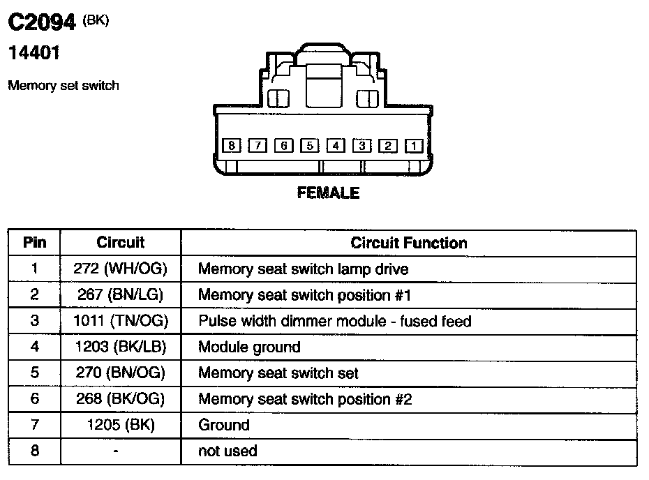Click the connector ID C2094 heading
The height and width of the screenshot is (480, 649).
pos(42,23)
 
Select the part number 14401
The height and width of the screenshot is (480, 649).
pos(33,52)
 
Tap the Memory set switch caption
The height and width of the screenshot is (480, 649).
pos(63,86)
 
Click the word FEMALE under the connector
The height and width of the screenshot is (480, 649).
pos(328,193)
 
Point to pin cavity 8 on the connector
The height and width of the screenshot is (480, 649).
pos(231,146)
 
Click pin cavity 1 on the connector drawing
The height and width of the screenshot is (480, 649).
pos(414,146)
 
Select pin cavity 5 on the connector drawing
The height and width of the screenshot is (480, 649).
pos(309,146)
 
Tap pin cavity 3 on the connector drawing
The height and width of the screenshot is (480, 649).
pos(361,146)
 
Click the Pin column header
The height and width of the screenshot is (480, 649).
pos(35,243)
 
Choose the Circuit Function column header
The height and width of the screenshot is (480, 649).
pos(409,243)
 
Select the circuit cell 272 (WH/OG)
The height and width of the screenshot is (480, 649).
pos(120,269)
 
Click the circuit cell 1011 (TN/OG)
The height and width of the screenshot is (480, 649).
pos(120,321)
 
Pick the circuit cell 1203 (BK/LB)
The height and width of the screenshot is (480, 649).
pos(120,347)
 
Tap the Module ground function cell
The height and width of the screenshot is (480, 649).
pos(249,347)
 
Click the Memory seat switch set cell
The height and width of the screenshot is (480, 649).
pos(278,373)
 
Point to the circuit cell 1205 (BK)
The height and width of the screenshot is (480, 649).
pos(120,425)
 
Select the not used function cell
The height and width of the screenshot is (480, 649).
pos(227,451)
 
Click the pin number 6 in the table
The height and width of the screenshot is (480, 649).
pos(35,399)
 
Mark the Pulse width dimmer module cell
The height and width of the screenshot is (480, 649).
pos(335,321)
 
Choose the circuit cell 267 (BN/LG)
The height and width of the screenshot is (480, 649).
pos(120,295)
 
